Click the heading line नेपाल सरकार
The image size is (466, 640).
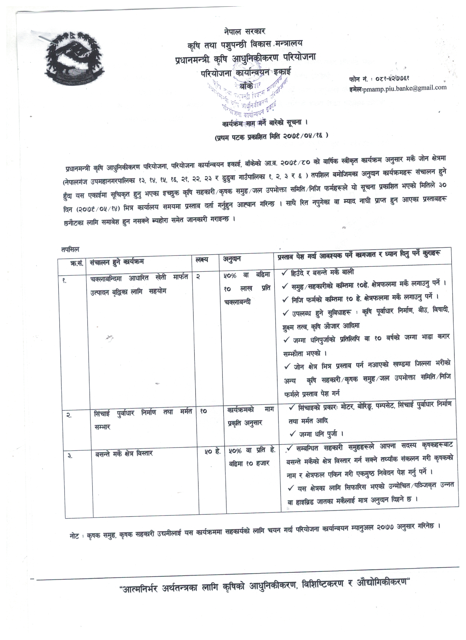tap(245, 31)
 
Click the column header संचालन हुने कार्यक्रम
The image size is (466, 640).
tap(117, 262)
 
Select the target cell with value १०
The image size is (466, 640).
tap(203, 411)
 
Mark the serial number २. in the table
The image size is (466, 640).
tap(69, 415)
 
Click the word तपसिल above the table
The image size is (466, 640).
tap(70, 250)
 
